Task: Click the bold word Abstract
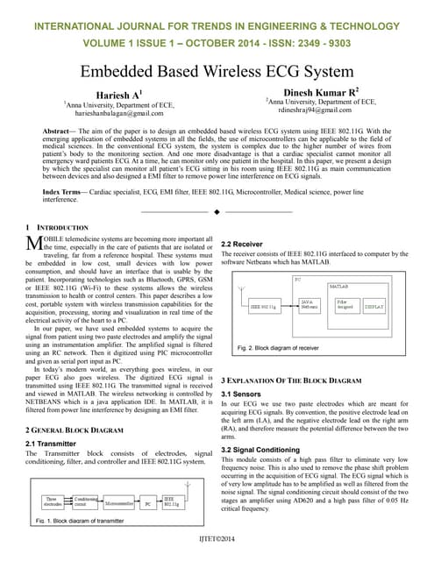click(60, 129)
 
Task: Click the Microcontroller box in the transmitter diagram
click(120, 505)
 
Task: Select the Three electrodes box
click(56, 503)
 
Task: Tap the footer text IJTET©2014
click(217, 537)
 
